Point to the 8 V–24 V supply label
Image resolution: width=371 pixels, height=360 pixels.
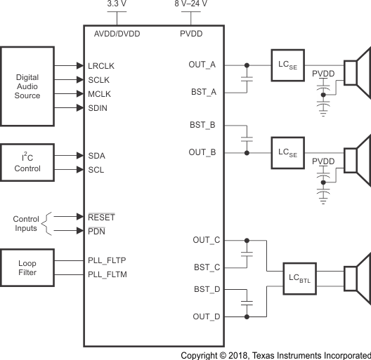pyautogui.click(x=191, y=5)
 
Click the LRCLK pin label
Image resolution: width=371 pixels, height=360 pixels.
pyautogui.click(x=101, y=65)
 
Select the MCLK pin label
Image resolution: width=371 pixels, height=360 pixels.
pyautogui.click(x=100, y=93)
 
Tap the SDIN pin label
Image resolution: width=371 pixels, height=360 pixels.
pyautogui.click(x=98, y=107)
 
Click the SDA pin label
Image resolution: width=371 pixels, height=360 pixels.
pyautogui.click(x=97, y=156)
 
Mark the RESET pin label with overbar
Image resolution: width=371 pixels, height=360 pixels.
pyautogui.click(x=101, y=217)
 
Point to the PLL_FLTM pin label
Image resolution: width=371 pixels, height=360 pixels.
pyautogui.click(x=107, y=274)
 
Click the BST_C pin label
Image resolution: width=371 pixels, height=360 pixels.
pyautogui.click(x=207, y=267)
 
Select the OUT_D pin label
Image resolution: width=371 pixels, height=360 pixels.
pyautogui.click(x=207, y=316)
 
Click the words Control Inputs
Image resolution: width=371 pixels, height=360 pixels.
pyautogui.click(x=26, y=224)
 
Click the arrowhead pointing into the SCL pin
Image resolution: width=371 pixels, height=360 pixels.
pyautogui.click(x=79, y=170)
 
